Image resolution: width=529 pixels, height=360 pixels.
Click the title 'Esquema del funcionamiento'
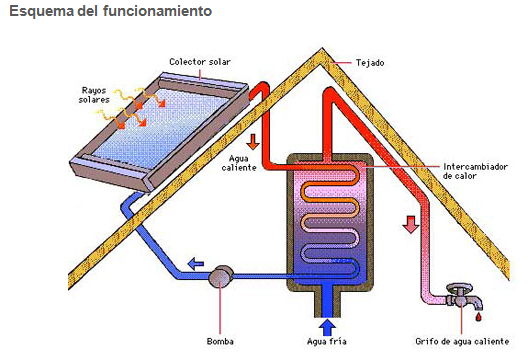coord(111,11)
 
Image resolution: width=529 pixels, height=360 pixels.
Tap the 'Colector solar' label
coord(200,62)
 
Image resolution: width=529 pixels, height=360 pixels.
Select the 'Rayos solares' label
coord(94,95)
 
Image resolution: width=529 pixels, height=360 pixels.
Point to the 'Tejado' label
coord(370,63)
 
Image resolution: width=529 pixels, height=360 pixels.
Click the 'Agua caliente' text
coord(239,163)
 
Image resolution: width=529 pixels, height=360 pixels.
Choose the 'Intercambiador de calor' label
coord(475,171)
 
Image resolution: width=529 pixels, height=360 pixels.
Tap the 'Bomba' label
coord(220,341)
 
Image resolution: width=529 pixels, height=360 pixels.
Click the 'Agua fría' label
coord(327,341)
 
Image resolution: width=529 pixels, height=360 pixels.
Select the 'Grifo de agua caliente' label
coord(462,341)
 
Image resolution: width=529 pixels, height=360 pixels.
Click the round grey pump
coord(221,276)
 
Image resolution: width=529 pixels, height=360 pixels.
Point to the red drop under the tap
coord(478,317)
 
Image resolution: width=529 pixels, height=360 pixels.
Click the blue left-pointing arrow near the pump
coord(196,264)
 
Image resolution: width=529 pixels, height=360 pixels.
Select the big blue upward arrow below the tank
coord(327,327)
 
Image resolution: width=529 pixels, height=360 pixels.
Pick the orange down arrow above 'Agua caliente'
coord(252,141)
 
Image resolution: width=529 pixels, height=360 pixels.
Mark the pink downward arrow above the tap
coord(410,225)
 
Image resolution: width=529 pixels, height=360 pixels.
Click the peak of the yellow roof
coord(322,49)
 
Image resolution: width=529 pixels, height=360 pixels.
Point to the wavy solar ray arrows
coord(132,108)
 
